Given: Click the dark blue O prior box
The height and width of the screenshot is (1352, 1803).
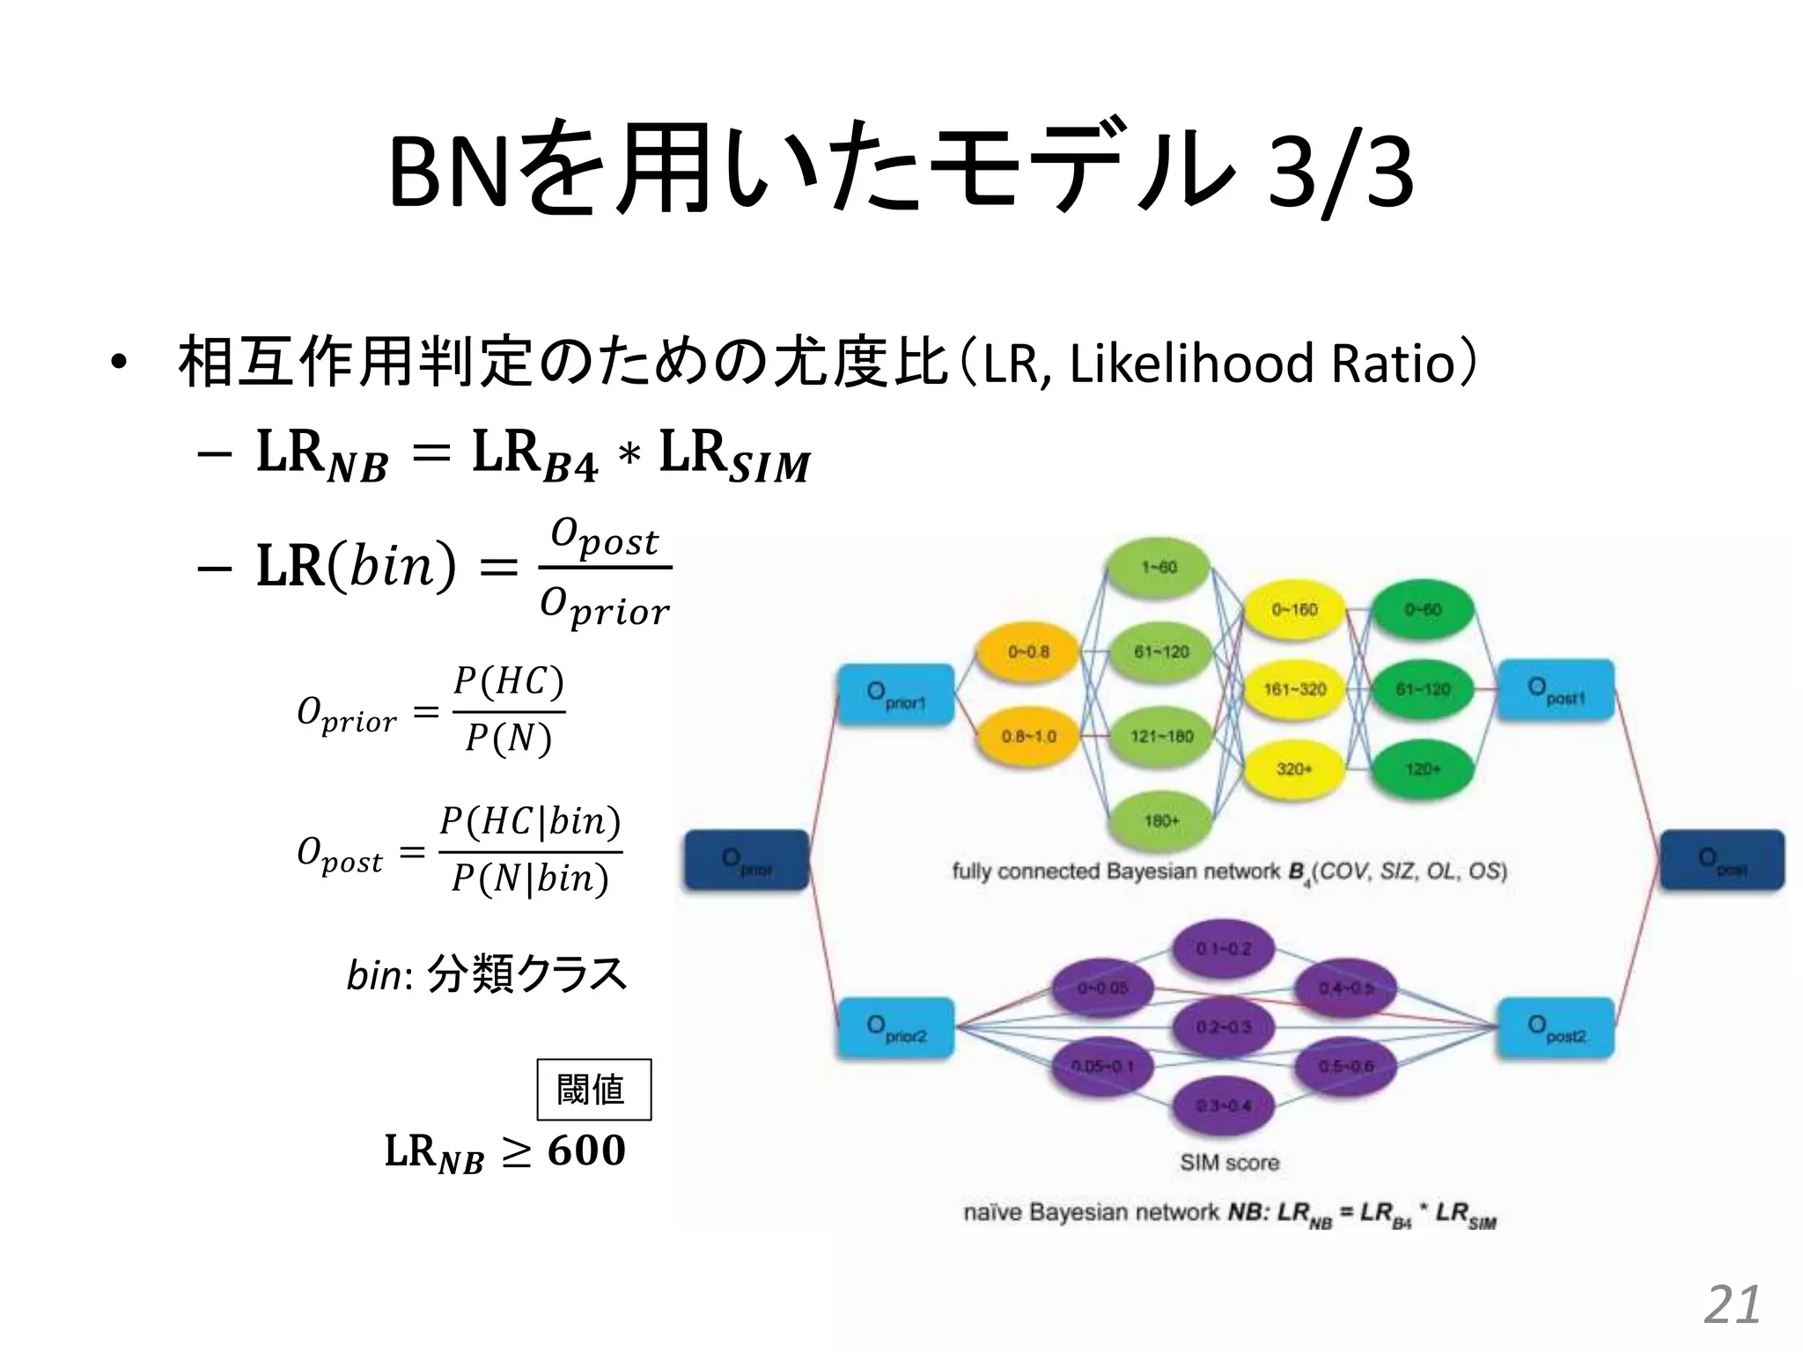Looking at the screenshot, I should click(746, 860).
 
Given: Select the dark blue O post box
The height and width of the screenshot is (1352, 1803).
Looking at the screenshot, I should click(1722, 860).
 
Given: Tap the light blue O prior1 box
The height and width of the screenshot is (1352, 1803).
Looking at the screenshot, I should click(894, 694).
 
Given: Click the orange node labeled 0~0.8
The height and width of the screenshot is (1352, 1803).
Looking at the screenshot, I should click(1028, 652).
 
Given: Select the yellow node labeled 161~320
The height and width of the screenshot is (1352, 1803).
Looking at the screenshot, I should click(1294, 689).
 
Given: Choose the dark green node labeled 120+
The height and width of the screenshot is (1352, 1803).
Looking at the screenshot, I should click(1423, 769).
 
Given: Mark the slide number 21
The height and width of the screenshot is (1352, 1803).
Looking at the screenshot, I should click(1732, 1304).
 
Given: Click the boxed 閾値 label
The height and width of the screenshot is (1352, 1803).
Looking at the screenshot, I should click(594, 1090).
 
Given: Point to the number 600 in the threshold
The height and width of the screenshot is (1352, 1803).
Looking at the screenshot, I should click(586, 1150).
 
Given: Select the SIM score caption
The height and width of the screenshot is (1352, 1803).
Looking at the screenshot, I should click(1229, 1163).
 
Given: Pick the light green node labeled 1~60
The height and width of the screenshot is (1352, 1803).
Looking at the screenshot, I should click(1159, 568).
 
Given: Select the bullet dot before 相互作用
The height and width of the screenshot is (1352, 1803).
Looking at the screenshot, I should click(119, 364).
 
